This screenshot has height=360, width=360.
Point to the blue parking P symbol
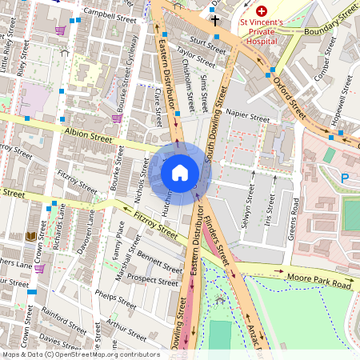(x=345, y=178)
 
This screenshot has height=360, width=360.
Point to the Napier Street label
(x=248, y=115)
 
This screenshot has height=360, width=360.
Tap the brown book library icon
(x=31, y=237)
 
